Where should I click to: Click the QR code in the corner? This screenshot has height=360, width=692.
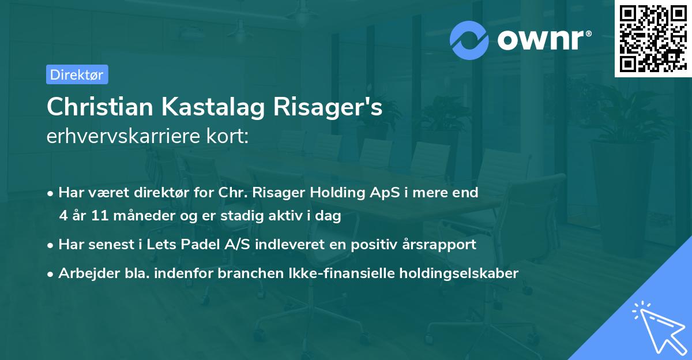coord(653,39)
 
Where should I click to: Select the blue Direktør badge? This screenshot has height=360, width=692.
coord(77,74)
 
